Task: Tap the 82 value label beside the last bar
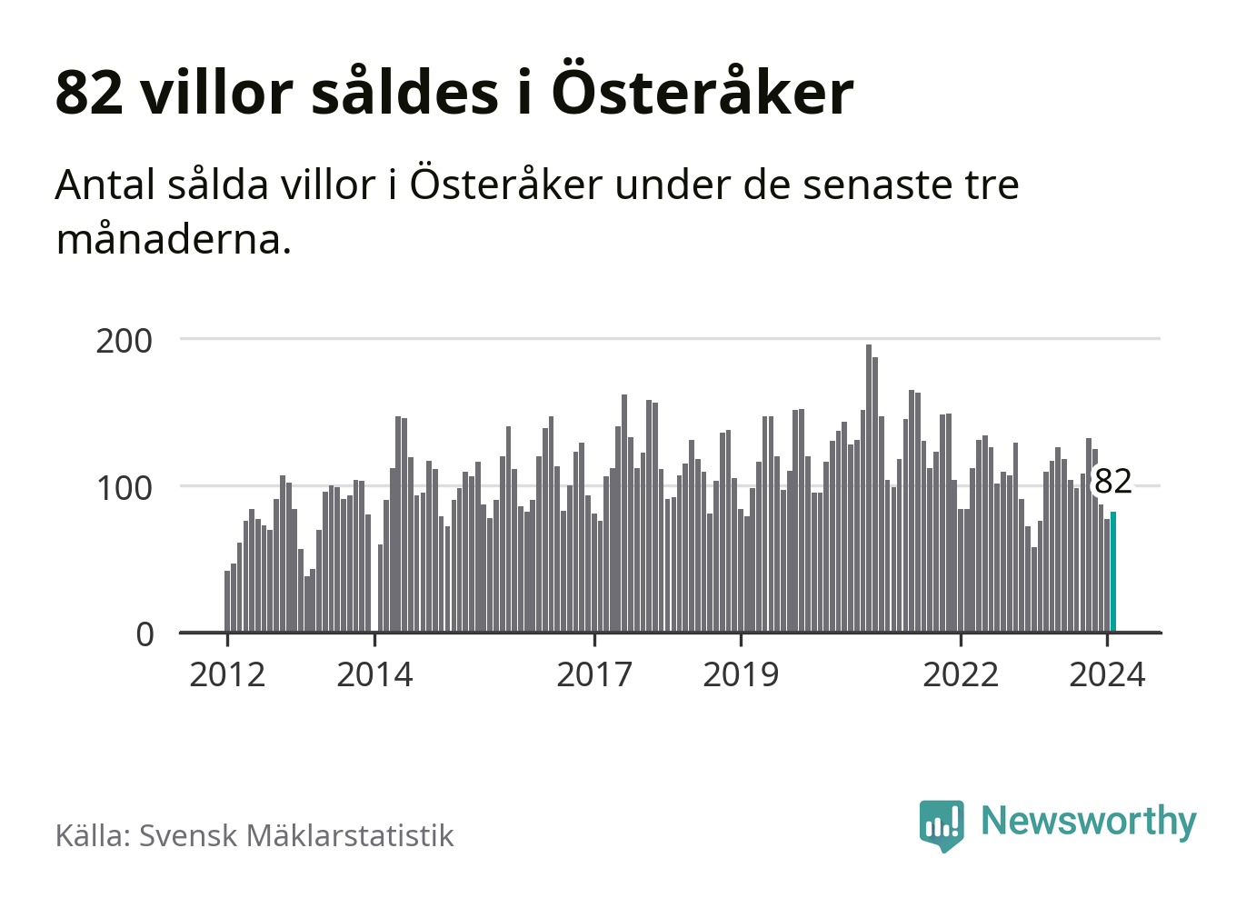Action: (x=1113, y=481)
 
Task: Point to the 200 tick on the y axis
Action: (x=125, y=341)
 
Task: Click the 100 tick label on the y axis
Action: (x=125, y=488)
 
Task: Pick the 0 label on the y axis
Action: (x=145, y=634)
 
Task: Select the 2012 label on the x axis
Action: (x=227, y=674)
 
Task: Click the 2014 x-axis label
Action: (x=374, y=674)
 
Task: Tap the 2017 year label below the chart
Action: (x=594, y=674)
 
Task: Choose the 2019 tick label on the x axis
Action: (x=741, y=674)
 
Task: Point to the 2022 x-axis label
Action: (x=961, y=674)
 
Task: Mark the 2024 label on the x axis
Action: (x=1107, y=674)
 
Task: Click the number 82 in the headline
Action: (x=89, y=92)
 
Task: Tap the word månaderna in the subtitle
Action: (x=174, y=240)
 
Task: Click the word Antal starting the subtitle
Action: (x=105, y=185)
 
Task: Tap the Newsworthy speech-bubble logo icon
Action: (x=942, y=824)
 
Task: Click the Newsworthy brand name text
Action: (x=1088, y=821)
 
